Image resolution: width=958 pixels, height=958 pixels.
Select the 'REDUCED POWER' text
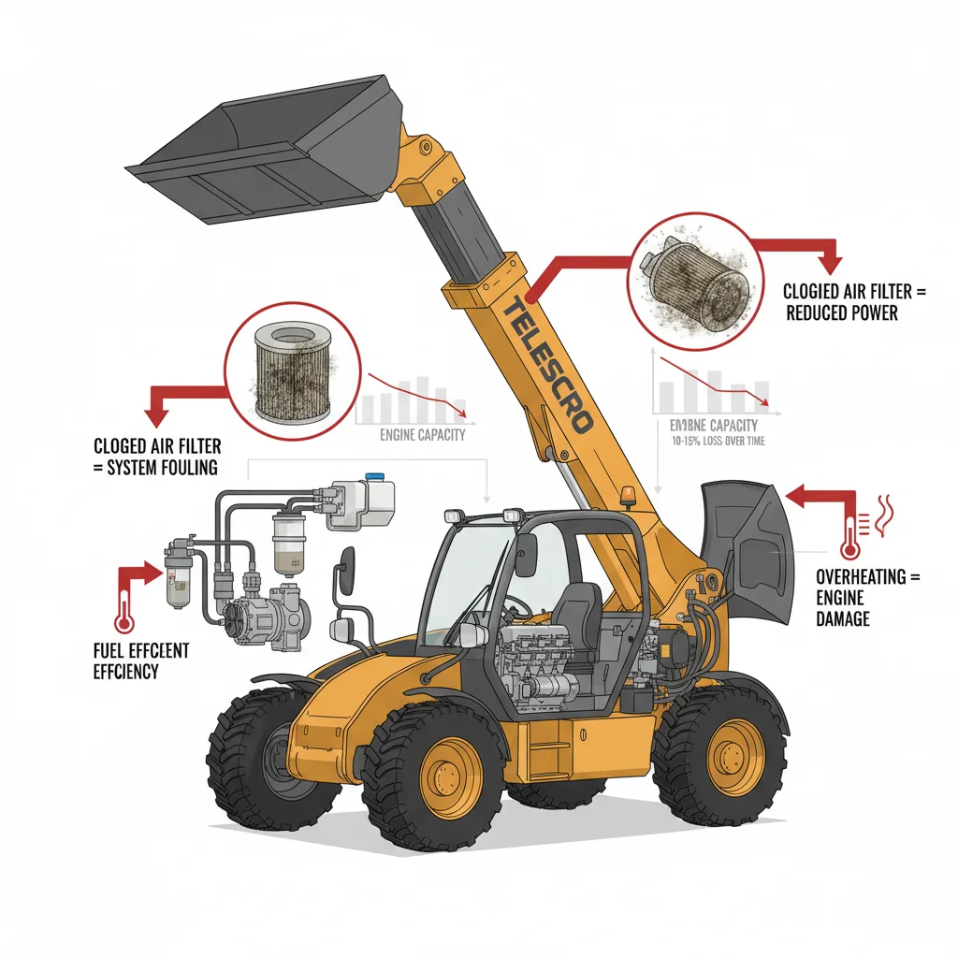[x=841, y=313]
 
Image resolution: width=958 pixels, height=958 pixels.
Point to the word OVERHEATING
[x=861, y=576]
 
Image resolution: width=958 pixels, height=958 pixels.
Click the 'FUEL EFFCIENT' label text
[x=140, y=650]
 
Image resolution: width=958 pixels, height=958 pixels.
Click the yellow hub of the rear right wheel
[x=735, y=756]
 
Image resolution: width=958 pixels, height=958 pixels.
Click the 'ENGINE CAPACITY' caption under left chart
[x=423, y=435]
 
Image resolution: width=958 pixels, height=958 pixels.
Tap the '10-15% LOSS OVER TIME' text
[x=718, y=440]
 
